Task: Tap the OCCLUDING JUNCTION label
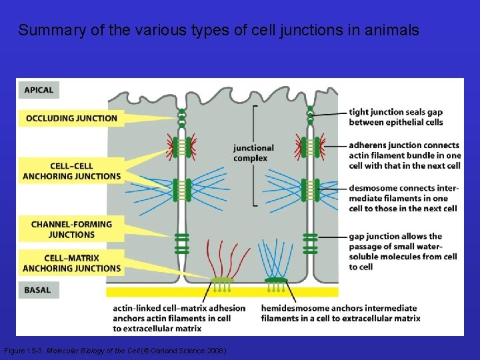point(71,119)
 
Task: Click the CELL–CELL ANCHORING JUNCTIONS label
point(71,171)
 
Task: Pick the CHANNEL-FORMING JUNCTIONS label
point(71,229)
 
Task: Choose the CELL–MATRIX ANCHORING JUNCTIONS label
point(71,263)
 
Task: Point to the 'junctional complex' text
point(253,153)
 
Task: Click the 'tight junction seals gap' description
point(395,117)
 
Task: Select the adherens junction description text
point(404,155)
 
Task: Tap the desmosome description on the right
point(403,198)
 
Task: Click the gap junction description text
point(403,251)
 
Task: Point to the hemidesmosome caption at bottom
point(340,313)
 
